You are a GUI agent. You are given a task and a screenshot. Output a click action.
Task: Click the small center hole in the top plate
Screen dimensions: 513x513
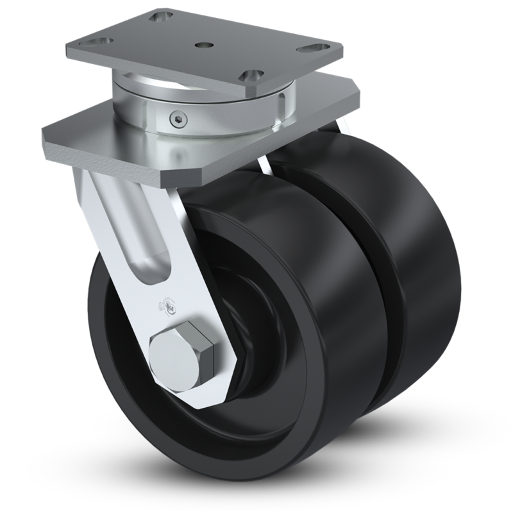203,46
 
